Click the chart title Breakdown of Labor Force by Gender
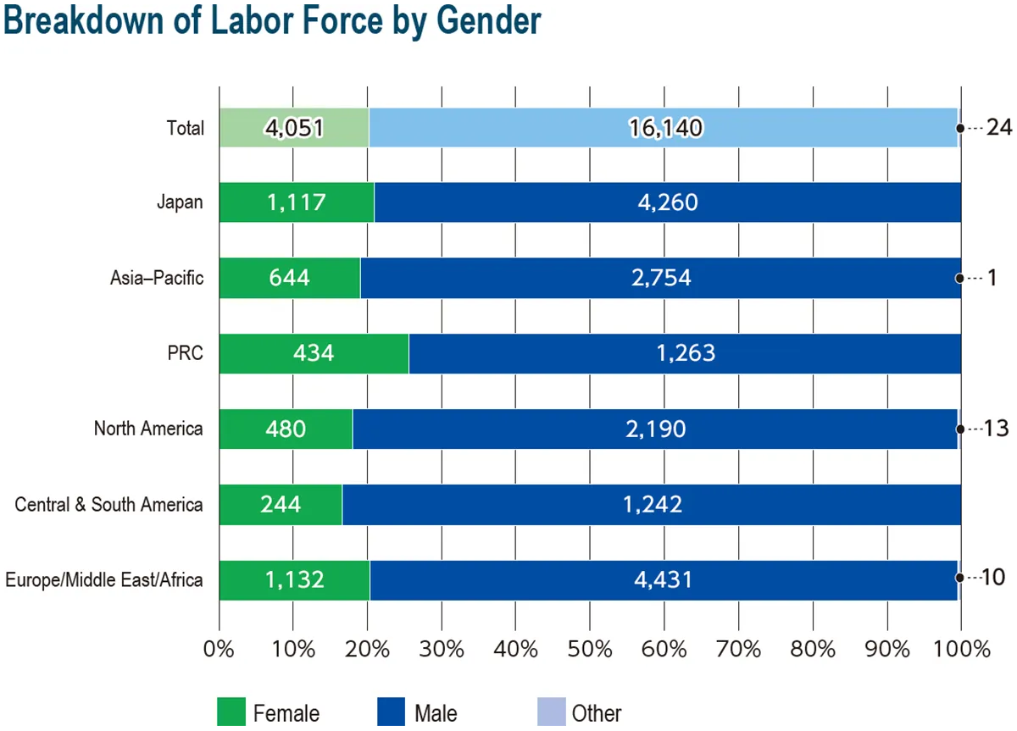point(272,20)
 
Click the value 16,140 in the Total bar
point(665,128)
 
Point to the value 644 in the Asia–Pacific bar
point(291,278)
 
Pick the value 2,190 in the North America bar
point(656,429)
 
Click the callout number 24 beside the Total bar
point(999,128)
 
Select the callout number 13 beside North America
point(996,429)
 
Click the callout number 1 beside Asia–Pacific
point(991,278)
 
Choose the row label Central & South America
point(109,505)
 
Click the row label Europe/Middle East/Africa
point(104,580)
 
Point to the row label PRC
point(186,353)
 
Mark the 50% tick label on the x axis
point(591,650)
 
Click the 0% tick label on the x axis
point(220,650)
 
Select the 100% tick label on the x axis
point(961,650)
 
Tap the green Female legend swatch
point(231,712)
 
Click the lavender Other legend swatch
point(550,712)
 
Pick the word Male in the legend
point(436,713)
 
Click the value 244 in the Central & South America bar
point(280,504)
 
